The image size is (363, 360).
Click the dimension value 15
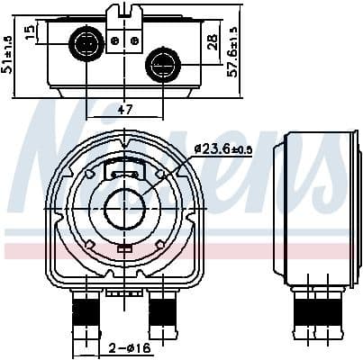click(x=30, y=32)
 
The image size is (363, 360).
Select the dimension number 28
click(x=212, y=42)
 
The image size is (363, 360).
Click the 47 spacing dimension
click(x=125, y=110)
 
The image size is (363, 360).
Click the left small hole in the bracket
click(x=115, y=40)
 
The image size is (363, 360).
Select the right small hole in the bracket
click(x=133, y=40)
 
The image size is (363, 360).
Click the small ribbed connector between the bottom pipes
click(x=118, y=291)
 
